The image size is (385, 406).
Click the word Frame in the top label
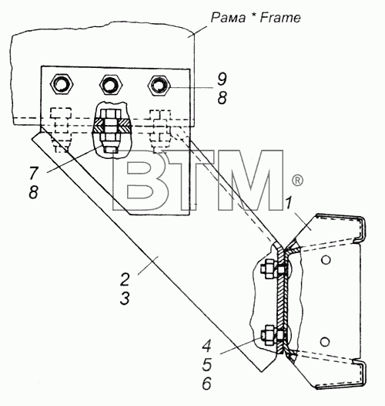click(280, 18)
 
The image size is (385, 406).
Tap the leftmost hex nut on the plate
click(62, 84)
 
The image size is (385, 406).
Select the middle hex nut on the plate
click(111, 84)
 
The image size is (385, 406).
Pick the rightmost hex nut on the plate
click(159, 85)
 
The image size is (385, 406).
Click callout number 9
click(222, 79)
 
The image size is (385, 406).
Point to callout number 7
click(34, 173)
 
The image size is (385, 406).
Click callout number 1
click(289, 203)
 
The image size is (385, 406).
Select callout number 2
click(125, 279)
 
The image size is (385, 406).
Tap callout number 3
click(125, 298)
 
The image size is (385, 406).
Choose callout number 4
click(206, 346)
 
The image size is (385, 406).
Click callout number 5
click(206, 364)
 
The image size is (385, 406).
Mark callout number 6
click(206, 384)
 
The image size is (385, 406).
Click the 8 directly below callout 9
click(223, 98)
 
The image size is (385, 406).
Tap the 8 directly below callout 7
click(34, 192)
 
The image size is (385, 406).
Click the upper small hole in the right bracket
click(326, 259)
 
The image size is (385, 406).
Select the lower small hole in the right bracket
click(325, 341)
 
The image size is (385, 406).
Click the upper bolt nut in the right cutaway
click(267, 269)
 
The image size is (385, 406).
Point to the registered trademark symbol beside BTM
click(297, 180)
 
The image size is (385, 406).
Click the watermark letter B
click(139, 180)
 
